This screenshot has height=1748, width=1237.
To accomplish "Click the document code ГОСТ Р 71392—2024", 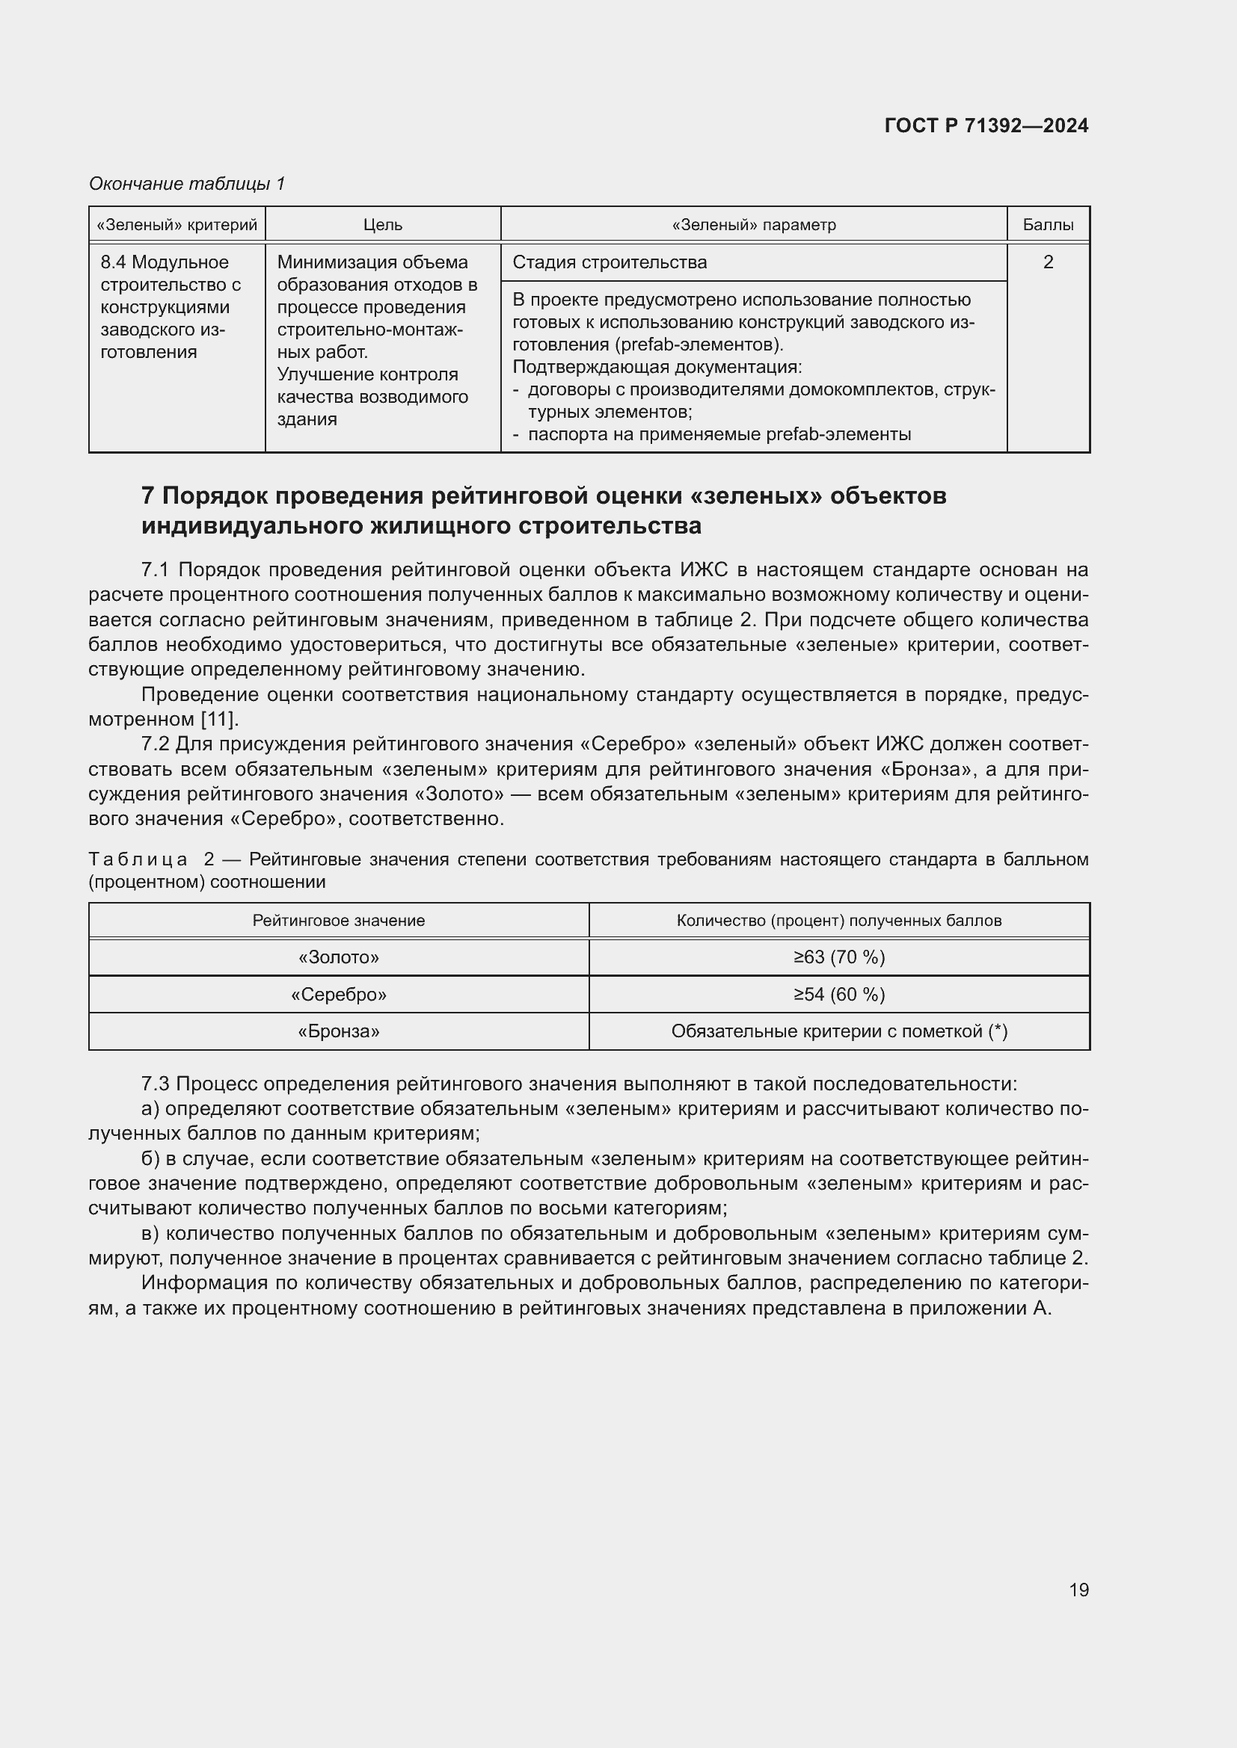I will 986,126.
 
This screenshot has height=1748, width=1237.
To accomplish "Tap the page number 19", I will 1078,1590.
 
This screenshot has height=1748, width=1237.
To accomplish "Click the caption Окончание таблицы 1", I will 187,184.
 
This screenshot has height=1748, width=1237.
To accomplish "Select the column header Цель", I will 382,225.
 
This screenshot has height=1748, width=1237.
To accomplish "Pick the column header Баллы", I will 1047,225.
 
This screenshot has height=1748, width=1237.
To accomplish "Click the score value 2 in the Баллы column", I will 1047,262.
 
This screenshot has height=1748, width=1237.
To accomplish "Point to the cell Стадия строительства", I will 610,262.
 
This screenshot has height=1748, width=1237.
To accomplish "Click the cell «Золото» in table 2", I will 338,957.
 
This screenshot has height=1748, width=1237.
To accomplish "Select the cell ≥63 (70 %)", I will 838,957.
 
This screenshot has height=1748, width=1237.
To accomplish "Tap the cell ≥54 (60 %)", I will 838,994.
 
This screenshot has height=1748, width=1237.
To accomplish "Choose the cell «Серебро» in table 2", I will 338,994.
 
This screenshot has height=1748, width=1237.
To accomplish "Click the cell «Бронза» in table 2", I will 338,1031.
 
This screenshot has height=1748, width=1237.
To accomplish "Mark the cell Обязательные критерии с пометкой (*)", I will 838,1031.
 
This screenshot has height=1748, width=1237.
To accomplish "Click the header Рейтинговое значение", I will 338,921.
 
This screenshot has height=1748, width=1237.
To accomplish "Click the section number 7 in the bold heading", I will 148,495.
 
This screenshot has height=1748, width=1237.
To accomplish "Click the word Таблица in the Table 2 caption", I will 138,859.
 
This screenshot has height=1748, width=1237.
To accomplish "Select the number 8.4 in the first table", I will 114,262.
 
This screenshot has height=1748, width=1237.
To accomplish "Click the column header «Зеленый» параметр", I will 753,225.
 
